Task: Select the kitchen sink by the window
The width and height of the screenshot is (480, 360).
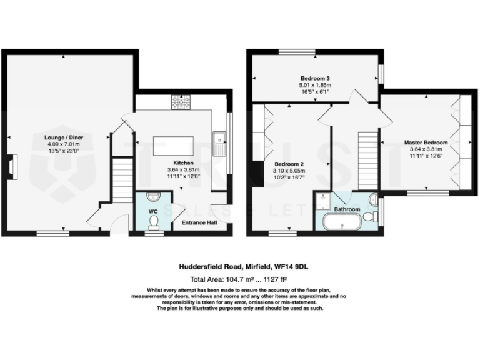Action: [219, 143]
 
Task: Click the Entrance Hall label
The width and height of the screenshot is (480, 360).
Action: [199, 222]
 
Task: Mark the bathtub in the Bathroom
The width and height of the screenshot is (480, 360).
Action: [341, 222]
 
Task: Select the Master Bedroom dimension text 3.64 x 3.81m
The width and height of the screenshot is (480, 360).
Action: [426, 149]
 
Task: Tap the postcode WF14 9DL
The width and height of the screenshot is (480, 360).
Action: [296, 266]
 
